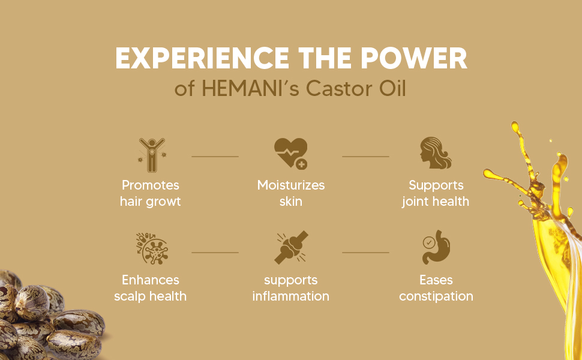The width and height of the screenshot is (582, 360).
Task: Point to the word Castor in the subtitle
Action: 338,89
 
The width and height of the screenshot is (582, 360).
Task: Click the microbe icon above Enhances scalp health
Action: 151,248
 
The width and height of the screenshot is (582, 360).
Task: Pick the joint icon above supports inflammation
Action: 291,248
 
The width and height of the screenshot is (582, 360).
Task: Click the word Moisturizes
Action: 291,185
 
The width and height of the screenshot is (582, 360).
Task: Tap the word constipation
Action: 436,296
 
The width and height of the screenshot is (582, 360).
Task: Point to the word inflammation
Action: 291,296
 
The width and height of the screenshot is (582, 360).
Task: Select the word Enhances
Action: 151,280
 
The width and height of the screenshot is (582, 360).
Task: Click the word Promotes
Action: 151,185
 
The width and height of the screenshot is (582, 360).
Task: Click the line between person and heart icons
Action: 215,157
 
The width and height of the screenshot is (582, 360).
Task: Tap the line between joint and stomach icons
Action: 365,253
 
